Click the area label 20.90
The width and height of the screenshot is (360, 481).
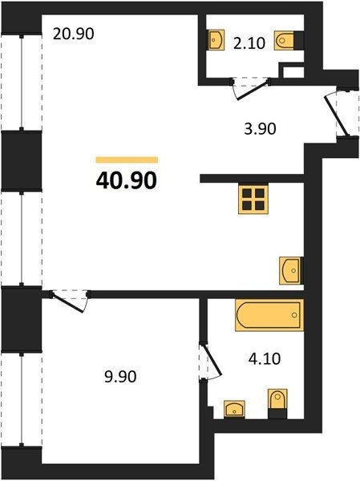pos(73,34)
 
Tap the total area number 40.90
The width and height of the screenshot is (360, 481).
pos(127,180)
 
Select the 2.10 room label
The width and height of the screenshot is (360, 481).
pos(249,43)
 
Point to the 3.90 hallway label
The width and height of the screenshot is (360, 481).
pos(260,128)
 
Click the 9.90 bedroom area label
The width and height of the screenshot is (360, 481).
pos(120,377)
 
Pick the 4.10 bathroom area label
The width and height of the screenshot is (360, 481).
pos(265,358)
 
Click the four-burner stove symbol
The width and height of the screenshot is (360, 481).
pos(253,200)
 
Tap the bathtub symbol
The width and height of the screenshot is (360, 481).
pos(269,315)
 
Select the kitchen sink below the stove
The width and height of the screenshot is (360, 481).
pos(290,271)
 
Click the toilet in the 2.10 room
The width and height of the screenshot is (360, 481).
pos(285,40)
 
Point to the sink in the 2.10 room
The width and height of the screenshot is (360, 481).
pos(216,39)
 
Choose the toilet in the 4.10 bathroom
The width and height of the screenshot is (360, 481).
pos(277,399)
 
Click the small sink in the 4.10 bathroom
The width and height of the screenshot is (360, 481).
pos(234,409)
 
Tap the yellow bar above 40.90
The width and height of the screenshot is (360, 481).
pos(127,160)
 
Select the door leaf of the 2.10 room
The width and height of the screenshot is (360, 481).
pos(253,91)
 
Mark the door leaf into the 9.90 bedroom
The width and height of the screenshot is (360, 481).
pos(68,303)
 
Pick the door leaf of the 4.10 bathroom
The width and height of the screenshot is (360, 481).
pos(212,361)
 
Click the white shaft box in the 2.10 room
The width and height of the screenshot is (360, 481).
pos(293,72)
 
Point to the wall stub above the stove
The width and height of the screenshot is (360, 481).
pos(252,179)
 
